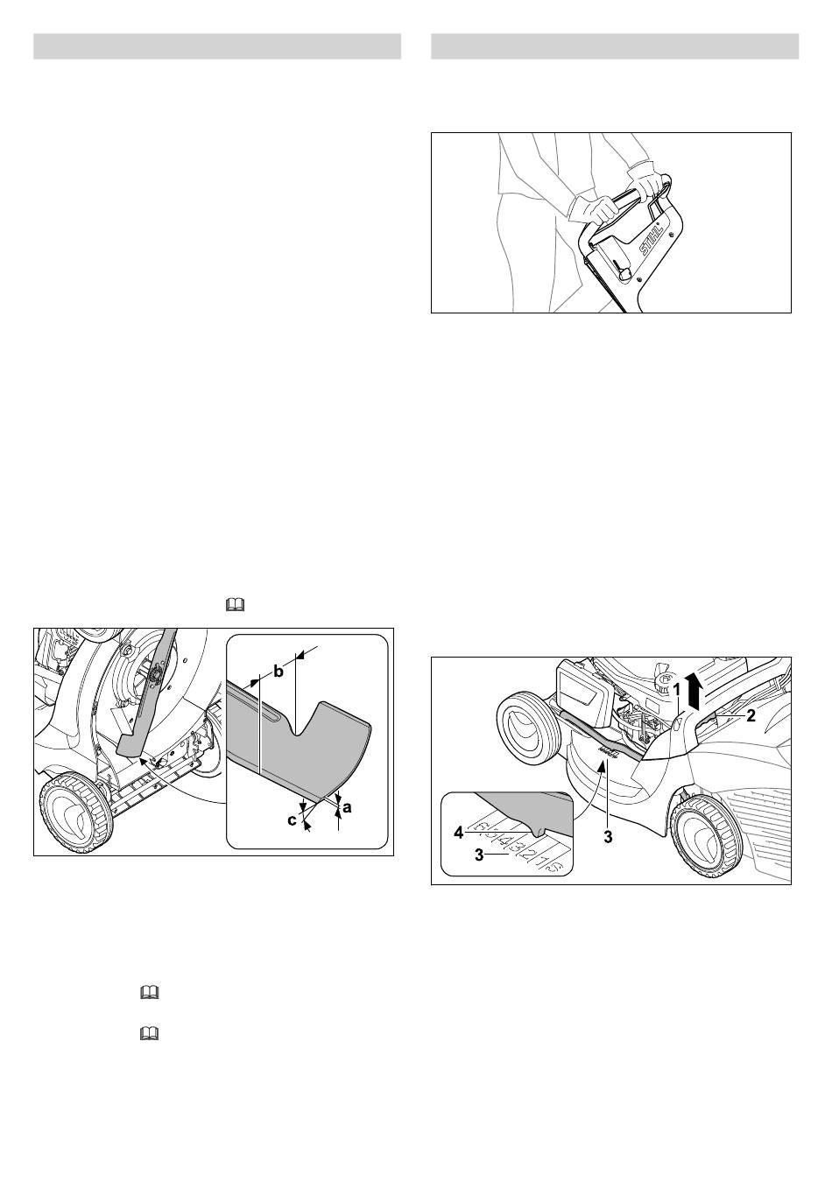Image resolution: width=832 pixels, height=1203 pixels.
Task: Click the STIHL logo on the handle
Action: [x=653, y=239]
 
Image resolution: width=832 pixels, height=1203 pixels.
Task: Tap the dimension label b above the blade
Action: [x=279, y=672]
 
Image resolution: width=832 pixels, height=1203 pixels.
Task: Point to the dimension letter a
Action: [x=347, y=807]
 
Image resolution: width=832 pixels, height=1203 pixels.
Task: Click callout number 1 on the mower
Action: [x=676, y=690]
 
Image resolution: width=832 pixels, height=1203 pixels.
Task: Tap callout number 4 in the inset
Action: [x=458, y=833]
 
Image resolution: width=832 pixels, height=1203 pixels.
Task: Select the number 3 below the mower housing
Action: [x=608, y=835]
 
